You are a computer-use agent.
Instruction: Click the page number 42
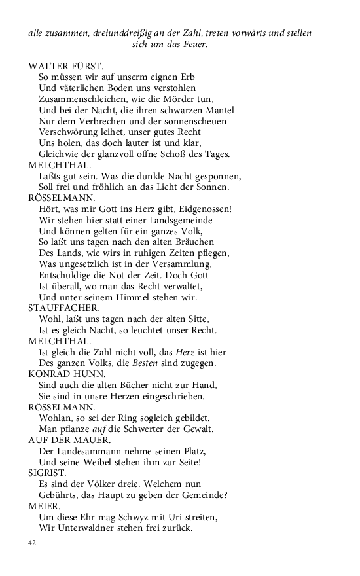33,543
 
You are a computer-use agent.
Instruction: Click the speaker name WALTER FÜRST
66,65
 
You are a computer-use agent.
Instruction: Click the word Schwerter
159,430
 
